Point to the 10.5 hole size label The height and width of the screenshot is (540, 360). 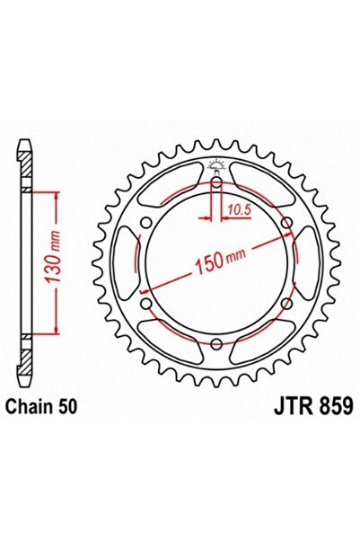238,209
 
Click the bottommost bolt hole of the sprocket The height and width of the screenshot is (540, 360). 217,344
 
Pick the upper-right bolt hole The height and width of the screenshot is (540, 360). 286,224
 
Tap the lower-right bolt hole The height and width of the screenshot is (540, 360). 286,305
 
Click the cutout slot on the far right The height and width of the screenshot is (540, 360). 310,264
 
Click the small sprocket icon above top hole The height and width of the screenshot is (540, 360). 217,164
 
